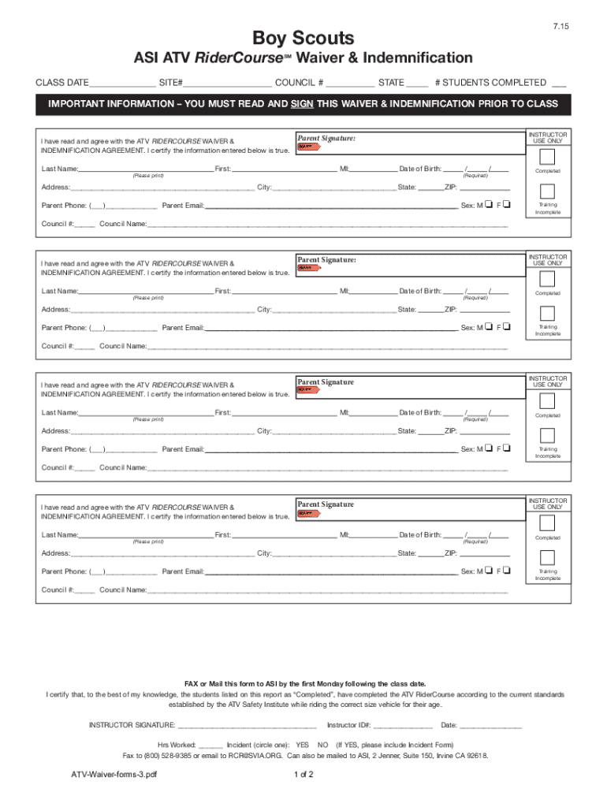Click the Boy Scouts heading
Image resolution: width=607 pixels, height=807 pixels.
303,38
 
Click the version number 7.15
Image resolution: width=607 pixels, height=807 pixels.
560,27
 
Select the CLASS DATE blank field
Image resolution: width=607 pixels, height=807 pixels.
122,84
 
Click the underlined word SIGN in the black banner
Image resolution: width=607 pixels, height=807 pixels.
302,104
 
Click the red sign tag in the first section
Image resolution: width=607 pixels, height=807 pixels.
308,147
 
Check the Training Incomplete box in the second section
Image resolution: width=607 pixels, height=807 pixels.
547,312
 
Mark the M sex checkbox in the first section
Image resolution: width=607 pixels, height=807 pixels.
490,206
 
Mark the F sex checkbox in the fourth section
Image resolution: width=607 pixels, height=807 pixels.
506,571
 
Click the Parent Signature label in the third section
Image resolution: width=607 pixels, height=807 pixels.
326,382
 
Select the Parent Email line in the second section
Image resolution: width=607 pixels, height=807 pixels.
330,329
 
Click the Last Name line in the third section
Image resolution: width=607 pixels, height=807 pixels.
146,414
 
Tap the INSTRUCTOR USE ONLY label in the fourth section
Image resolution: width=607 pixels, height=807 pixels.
547,504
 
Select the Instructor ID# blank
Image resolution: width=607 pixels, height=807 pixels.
402,726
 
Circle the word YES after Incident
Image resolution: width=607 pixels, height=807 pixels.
302,744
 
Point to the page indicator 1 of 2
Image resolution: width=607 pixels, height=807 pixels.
303,775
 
